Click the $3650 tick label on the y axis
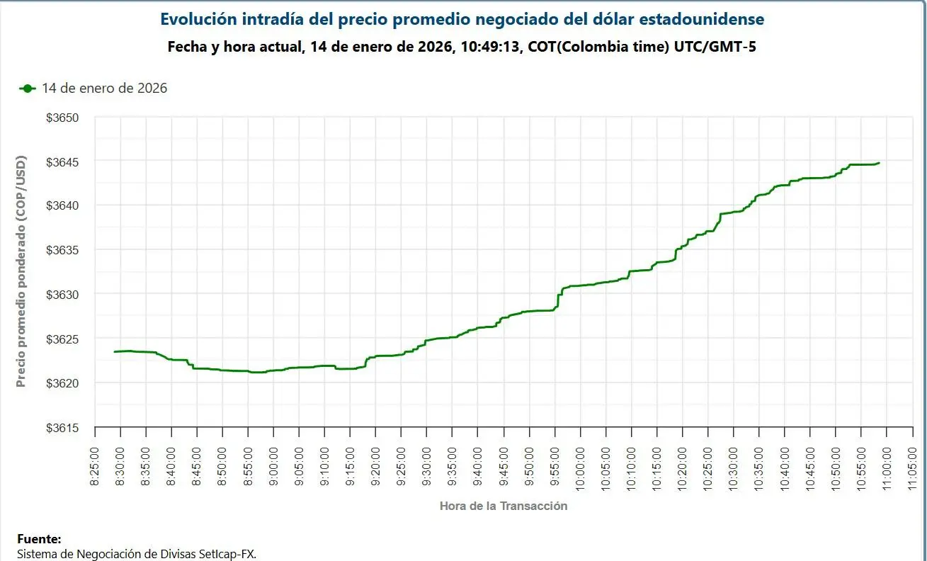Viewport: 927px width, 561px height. tap(62, 118)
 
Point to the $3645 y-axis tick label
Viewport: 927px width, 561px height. tap(62, 162)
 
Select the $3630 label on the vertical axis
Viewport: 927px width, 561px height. tap(62, 294)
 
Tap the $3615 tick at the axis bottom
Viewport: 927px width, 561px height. tap(62, 428)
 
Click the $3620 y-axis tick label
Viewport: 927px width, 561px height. tap(62, 383)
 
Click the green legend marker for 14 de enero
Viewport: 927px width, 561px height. tap(28, 89)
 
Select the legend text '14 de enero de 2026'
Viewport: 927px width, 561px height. tap(104, 89)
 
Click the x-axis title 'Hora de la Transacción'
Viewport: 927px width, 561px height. tap(503, 506)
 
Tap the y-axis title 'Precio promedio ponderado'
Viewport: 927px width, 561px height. tap(21, 271)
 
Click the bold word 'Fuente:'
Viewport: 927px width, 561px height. tap(39, 539)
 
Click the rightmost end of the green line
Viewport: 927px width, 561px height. tap(879, 163)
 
